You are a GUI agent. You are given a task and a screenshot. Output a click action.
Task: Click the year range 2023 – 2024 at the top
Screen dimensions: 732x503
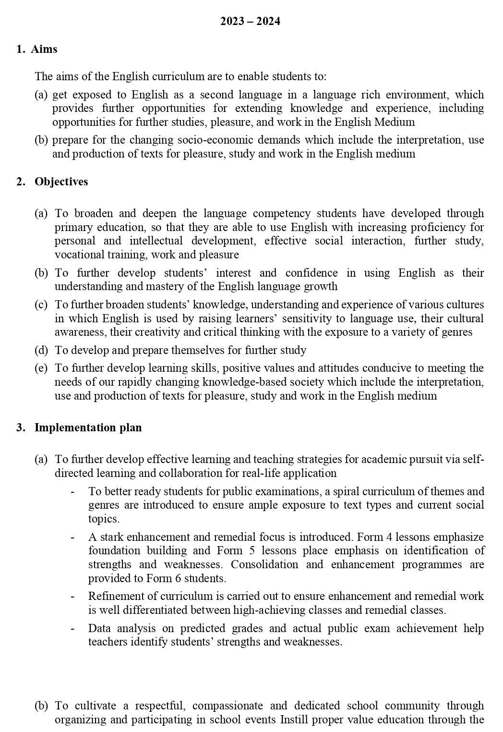point(250,22)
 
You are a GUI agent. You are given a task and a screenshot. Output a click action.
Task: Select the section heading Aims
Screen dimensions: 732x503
point(44,49)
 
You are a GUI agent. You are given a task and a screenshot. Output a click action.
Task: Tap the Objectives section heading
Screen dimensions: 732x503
point(61,182)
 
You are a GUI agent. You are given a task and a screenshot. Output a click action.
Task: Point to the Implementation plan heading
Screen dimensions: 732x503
point(88,427)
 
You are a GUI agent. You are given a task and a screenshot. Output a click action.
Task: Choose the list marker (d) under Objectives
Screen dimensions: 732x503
point(41,350)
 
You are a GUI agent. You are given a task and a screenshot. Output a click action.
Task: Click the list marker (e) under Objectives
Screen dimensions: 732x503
point(41,368)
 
